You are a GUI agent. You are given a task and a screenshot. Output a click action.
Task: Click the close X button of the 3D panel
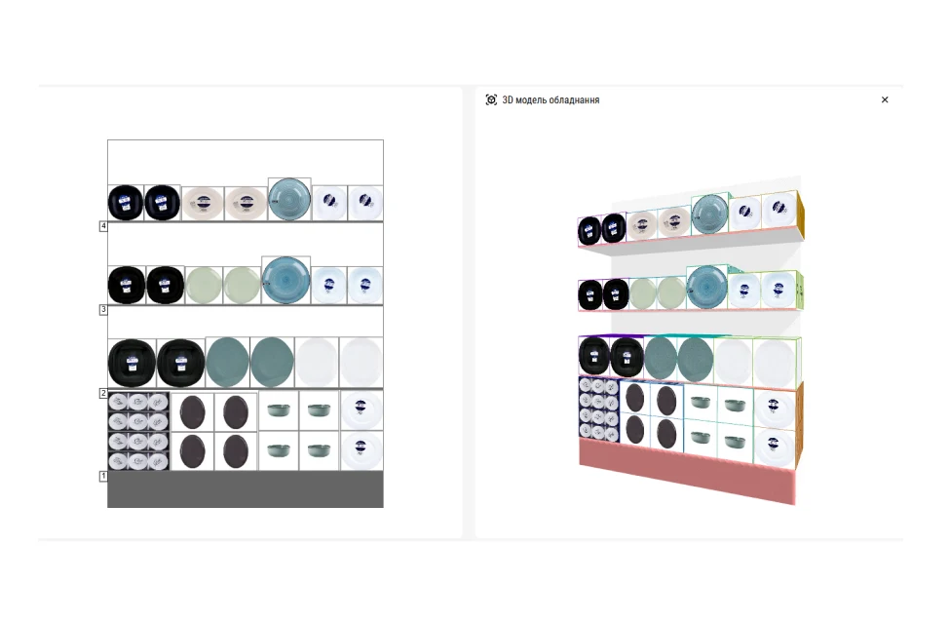click(885, 99)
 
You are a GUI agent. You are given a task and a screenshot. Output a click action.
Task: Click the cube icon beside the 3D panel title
click(491, 99)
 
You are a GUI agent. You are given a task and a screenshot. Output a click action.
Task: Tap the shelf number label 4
click(103, 226)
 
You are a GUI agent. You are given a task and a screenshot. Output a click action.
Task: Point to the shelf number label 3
click(103, 310)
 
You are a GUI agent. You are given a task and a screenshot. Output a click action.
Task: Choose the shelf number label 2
click(103, 393)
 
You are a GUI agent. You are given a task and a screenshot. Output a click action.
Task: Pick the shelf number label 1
click(103, 476)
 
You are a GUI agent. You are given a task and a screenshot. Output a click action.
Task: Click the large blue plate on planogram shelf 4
click(289, 200)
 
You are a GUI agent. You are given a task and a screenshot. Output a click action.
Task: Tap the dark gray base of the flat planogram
click(245, 489)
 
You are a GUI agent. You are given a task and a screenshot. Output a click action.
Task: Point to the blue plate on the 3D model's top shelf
click(710, 214)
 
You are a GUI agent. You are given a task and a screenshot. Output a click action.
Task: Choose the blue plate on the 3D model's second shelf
click(706, 287)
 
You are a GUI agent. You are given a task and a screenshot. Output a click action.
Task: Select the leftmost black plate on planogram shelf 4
click(126, 203)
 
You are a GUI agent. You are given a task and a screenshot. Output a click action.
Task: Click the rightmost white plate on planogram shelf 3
click(364, 285)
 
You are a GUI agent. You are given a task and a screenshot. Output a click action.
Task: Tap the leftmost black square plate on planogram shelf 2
click(132, 363)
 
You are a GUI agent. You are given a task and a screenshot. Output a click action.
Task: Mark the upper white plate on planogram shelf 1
click(361, 410)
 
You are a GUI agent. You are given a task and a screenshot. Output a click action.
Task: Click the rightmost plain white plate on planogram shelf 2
click(361, 363)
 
